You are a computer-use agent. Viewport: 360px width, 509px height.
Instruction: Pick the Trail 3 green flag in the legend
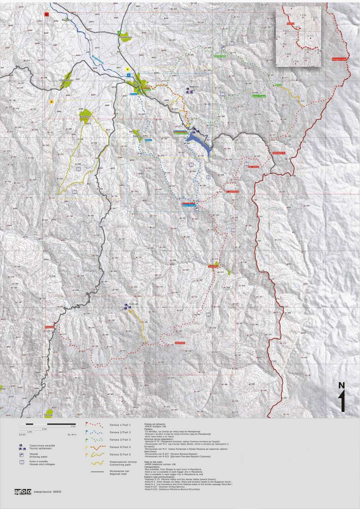(x=87, y=438)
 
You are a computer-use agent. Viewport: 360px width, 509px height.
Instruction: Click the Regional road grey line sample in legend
(x=98, y=472)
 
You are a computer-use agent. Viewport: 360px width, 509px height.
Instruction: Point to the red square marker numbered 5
(x=46, y=14)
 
